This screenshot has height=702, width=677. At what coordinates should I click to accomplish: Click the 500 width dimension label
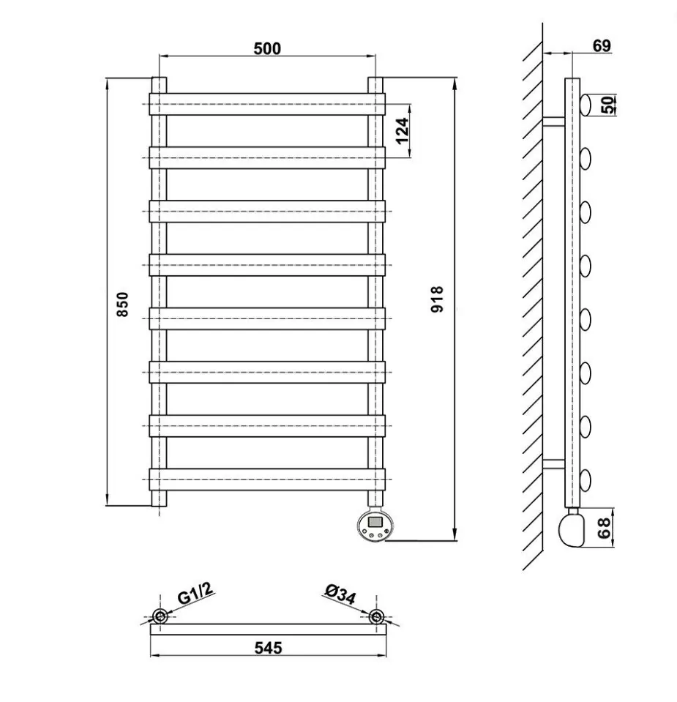coord(267,48)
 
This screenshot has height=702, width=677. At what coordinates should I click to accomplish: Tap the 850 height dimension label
coord(122,305)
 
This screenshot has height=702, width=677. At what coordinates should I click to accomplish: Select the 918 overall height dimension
coord(436,299)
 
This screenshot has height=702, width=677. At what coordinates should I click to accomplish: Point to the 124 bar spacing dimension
coord(403,131)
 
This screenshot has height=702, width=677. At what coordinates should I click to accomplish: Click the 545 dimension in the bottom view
coord(268,648)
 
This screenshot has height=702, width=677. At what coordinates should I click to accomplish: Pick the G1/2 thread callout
coord(195,594)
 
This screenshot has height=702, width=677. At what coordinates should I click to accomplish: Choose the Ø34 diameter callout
coord(340,594)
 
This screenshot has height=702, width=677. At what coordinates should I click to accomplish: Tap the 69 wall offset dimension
coord(602,45)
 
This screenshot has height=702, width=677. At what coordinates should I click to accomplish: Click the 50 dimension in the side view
coord(607,105)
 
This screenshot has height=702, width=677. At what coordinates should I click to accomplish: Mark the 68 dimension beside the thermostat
coord(604,528)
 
